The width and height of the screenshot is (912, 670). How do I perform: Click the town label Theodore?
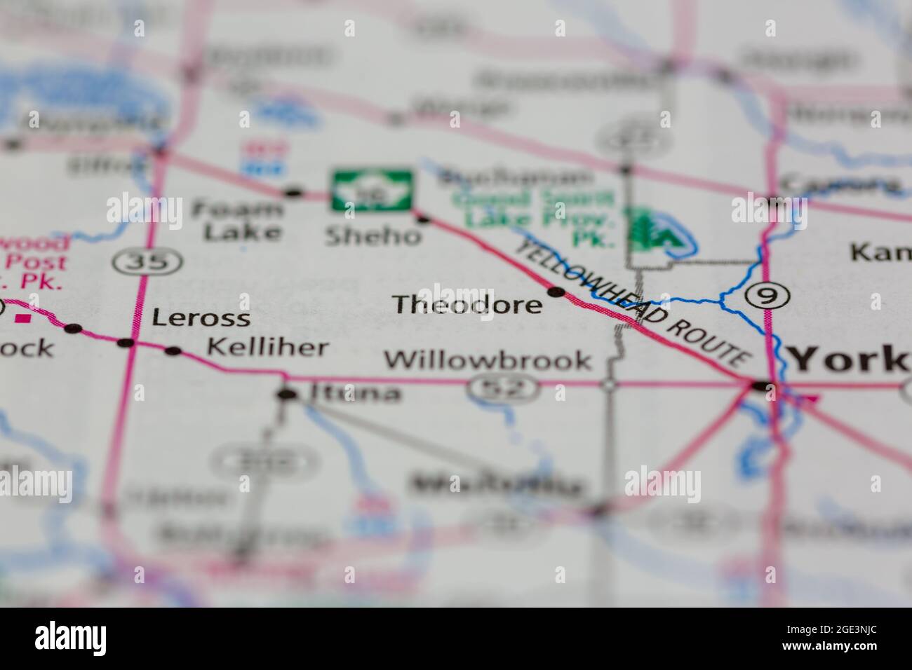467,305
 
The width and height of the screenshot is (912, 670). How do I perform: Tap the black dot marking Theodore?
556,292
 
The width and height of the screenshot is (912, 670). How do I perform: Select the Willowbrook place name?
488,360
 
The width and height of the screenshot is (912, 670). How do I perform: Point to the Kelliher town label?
267,347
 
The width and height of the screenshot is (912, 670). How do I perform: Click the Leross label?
201,318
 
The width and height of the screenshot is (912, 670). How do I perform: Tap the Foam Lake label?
237,220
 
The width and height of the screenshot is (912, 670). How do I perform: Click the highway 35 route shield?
147,262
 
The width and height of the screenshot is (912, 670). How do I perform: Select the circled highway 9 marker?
767,296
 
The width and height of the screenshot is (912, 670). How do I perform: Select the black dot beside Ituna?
286,395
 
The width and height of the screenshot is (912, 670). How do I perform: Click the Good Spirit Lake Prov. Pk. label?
533,210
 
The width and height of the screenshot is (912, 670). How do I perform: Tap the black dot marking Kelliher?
173,351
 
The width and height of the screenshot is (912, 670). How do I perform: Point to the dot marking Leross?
126,343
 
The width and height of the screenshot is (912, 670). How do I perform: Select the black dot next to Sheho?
422,219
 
